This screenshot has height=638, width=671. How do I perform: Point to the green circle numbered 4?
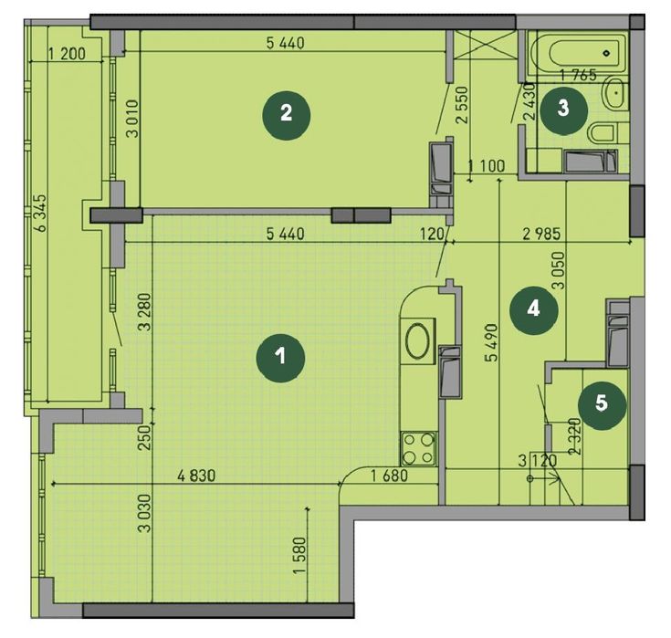[x=533, y=309]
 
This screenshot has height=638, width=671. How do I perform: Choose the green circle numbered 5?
[x=602, y=403]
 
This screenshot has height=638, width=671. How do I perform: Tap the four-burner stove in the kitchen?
[x=417, y=448]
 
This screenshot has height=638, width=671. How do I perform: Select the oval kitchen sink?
[x=417, y=342]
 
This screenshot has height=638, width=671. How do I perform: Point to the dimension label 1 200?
[x=66, y=54]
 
